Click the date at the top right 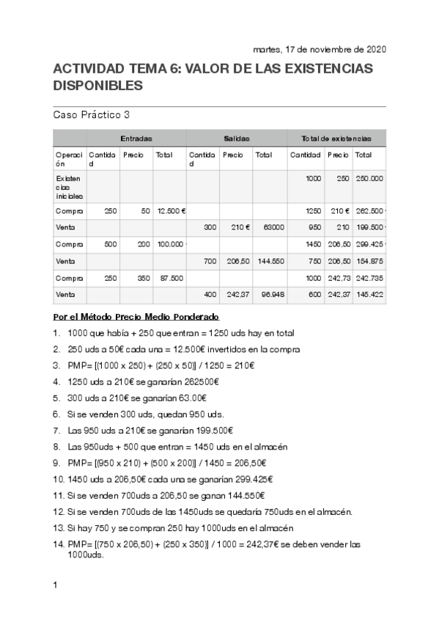(319, 50)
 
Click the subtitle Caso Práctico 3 (92, 114)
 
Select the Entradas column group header (136, 138)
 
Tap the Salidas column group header (236, 138)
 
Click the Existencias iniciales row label (69, 187)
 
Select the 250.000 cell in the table (369, 178)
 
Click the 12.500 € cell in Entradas (171, 211)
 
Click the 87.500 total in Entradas (170, 278)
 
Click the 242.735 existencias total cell (369, 278)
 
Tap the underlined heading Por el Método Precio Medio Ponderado (136, 316)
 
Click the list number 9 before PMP (57, 463)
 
